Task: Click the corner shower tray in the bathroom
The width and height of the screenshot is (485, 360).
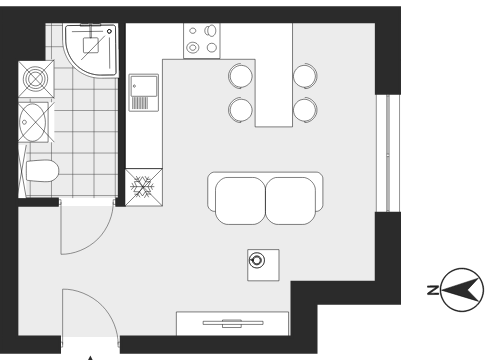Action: (x=92, y=50)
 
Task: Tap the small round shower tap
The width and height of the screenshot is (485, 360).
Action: (x=109, y=31)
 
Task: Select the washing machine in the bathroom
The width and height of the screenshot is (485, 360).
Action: (x=36, y=79)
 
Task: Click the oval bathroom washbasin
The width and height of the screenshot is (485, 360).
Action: (x=33, y=122)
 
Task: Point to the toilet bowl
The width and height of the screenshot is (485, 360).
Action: (x=42, y=171)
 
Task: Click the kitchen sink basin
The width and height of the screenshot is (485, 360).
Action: (x=144, y=86)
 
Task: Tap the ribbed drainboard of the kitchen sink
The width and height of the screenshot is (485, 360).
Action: (x=140, y=103)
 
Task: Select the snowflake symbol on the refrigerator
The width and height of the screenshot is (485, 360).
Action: (x=143, y=187)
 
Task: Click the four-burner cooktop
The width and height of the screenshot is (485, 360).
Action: (x=202, y=41)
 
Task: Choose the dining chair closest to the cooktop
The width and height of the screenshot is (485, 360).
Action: (x=240, y=76)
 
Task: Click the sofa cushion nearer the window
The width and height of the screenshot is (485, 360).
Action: (x=291, y=201)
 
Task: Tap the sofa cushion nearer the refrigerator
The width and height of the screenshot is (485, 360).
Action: (x=240, y=201)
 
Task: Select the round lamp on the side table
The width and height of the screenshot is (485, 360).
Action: (x=257, y=260)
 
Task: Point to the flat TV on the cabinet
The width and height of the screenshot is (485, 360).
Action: (x=233, y=323)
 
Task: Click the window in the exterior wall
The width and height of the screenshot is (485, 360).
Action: (x=388, y=153)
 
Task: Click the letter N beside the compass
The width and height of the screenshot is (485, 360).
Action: (x=433, y=290)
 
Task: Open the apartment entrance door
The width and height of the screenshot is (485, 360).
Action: (x=91, y=313)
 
